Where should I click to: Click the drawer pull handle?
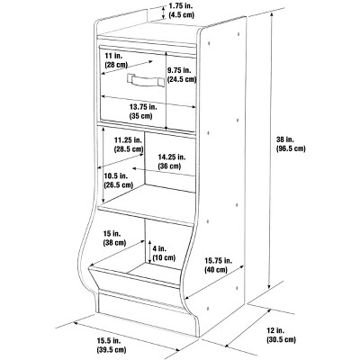[146, 80]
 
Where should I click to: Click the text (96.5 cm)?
[291, 148]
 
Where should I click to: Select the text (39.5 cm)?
[112, 349]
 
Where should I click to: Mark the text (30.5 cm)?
[281, 339]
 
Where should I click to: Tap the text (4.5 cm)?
[181, 14]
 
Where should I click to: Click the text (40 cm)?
[216, 269]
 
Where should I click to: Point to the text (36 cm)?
[169, 166]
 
